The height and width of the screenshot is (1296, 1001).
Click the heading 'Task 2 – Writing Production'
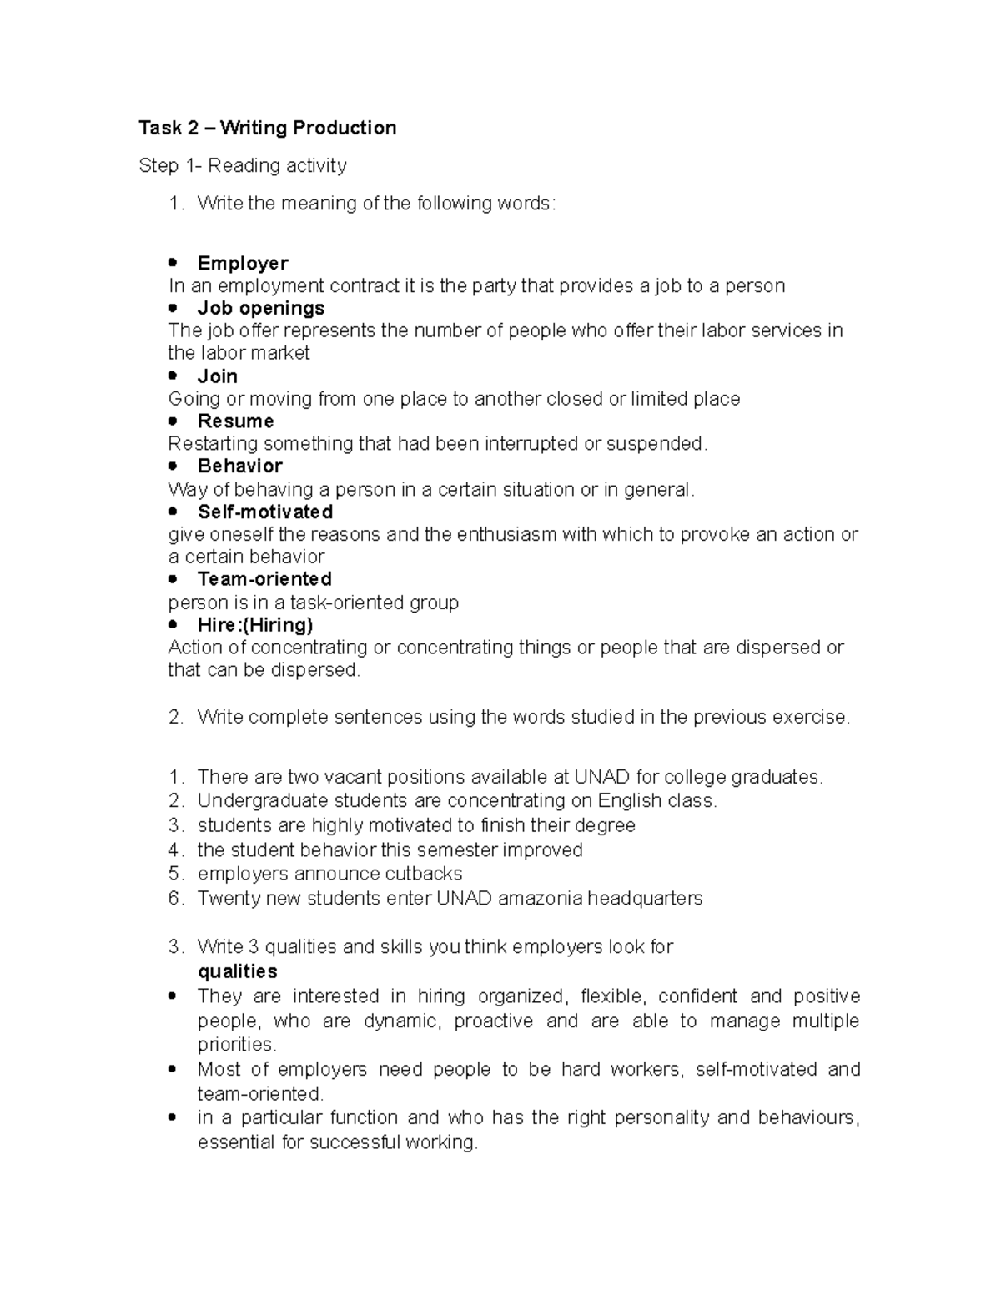[267, 128]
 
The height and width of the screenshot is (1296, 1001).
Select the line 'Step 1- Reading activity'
[242, 166]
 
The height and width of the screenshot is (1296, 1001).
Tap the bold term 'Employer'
[242, 263]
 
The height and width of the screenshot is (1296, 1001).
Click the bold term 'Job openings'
[260, 308]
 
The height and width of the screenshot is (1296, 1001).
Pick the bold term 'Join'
[217, 376]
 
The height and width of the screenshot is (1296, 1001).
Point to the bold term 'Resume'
[235, 421]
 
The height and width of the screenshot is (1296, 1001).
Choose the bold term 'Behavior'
[239, 466]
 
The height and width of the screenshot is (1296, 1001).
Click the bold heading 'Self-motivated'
[264, 512]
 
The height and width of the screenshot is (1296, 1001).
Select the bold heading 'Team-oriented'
[264, 579]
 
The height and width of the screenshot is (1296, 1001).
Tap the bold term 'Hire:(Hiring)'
[255, 625]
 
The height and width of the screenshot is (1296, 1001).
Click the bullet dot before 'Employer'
[173, 263]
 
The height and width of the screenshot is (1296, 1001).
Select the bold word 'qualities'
[237, 971]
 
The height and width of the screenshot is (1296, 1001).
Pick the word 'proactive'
[493, 1021]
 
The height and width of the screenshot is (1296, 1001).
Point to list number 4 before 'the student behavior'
[174, 850]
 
